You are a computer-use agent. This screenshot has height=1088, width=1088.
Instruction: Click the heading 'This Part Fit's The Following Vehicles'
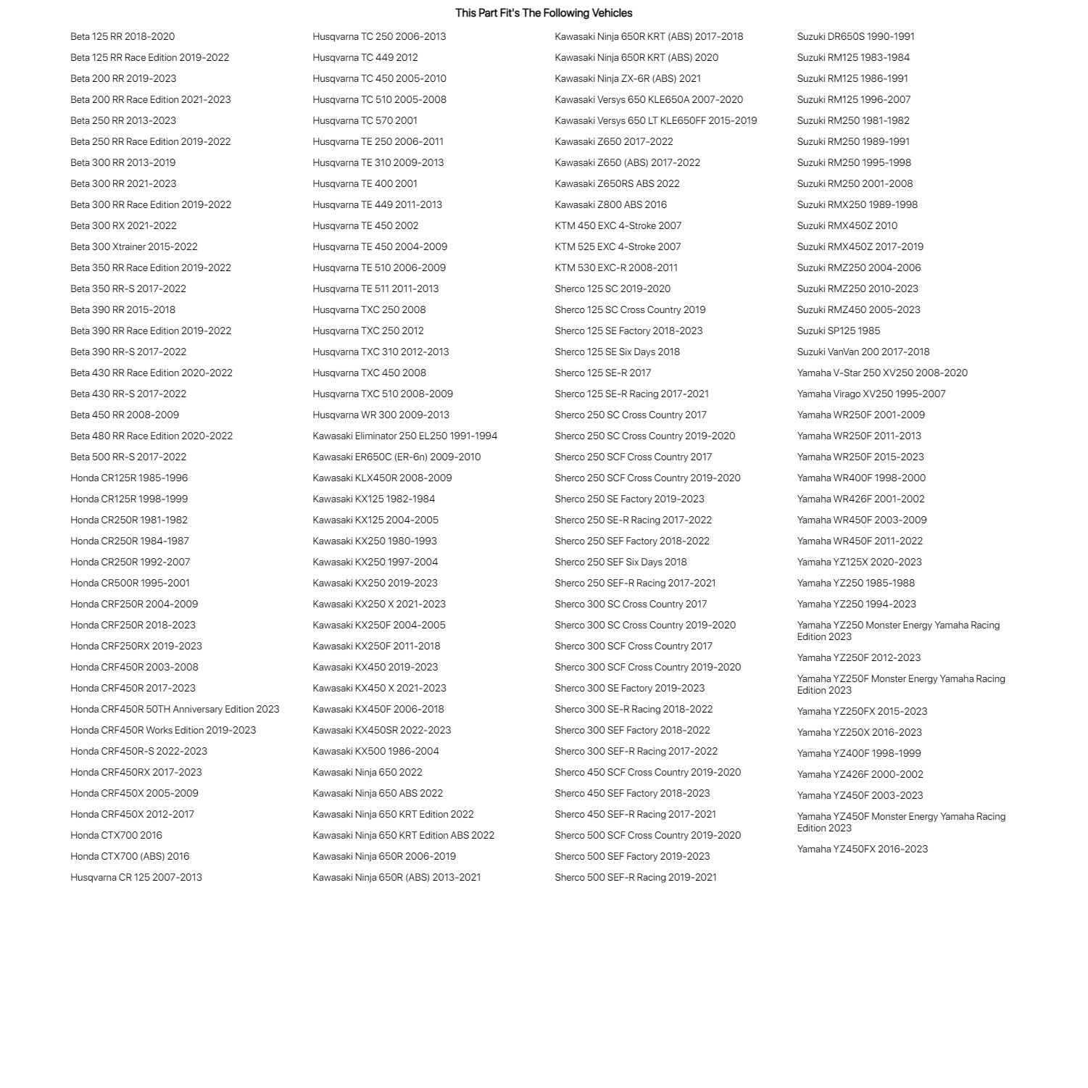tap(544, 13)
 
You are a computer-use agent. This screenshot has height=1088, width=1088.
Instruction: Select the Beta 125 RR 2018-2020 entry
tap(122, 36)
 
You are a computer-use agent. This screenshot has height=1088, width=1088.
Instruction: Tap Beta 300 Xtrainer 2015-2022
tap(134, 246)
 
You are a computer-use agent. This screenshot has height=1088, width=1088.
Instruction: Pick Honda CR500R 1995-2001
tap(130, 583)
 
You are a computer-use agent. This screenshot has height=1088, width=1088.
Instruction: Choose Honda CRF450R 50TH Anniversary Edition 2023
tap(175, 709)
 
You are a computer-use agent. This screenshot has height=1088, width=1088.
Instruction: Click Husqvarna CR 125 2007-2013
tap(136, 877)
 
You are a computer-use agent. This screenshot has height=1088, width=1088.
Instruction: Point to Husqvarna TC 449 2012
tap(365, 57)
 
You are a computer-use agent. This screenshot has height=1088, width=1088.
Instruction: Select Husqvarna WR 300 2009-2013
tap(381, 415)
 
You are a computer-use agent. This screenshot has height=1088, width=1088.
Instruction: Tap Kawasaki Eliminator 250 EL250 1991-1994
tap(404, 436)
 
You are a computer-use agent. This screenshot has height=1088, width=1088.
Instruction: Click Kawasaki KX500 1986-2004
tap(375, 751)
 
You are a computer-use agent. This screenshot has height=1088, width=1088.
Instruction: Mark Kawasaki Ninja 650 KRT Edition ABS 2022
tap(403, 835)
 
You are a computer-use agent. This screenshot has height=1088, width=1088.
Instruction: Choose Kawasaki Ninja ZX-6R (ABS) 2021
tap(628, 78)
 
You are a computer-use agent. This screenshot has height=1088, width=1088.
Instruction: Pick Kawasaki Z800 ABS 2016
tap(610, 204)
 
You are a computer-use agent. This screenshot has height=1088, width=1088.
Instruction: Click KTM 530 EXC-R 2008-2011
tap(616, 267)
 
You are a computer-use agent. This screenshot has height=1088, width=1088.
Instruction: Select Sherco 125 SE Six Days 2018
tap(617, 352)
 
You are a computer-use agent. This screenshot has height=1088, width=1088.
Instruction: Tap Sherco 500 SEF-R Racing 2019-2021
tap(635, 877)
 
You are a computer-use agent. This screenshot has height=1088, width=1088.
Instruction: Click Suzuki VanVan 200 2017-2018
tap(863, 352)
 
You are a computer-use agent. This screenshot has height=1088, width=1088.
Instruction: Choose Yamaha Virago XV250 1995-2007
tap(871, 394)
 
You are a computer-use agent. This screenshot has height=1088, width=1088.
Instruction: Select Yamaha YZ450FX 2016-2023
tap(862, 849)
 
